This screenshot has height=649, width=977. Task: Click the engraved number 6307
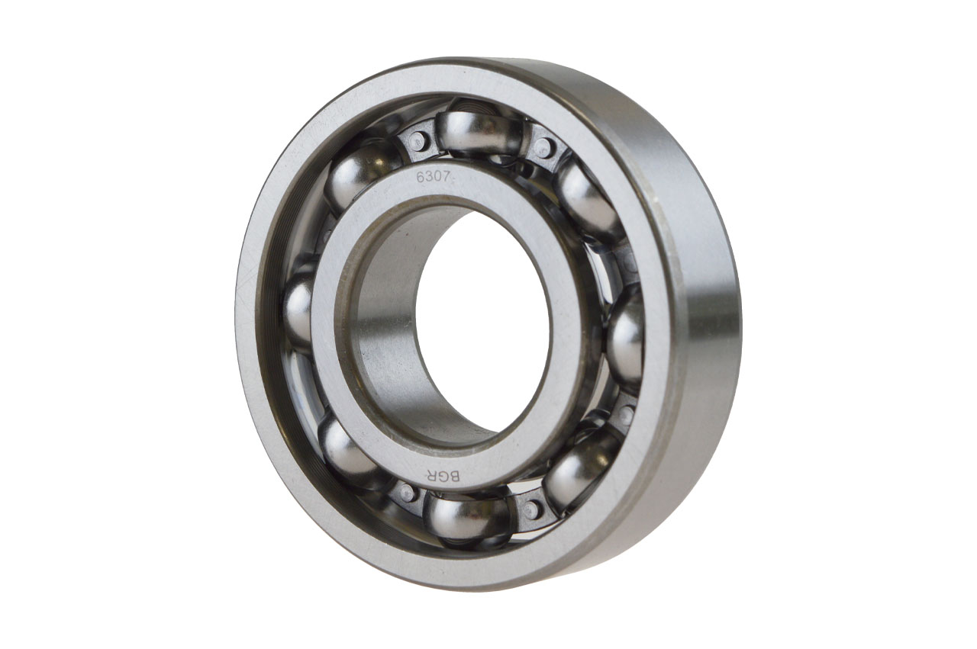[436, 177]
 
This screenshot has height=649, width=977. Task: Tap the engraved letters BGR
[441, 474]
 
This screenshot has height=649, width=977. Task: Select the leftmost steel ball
[299, 310]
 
